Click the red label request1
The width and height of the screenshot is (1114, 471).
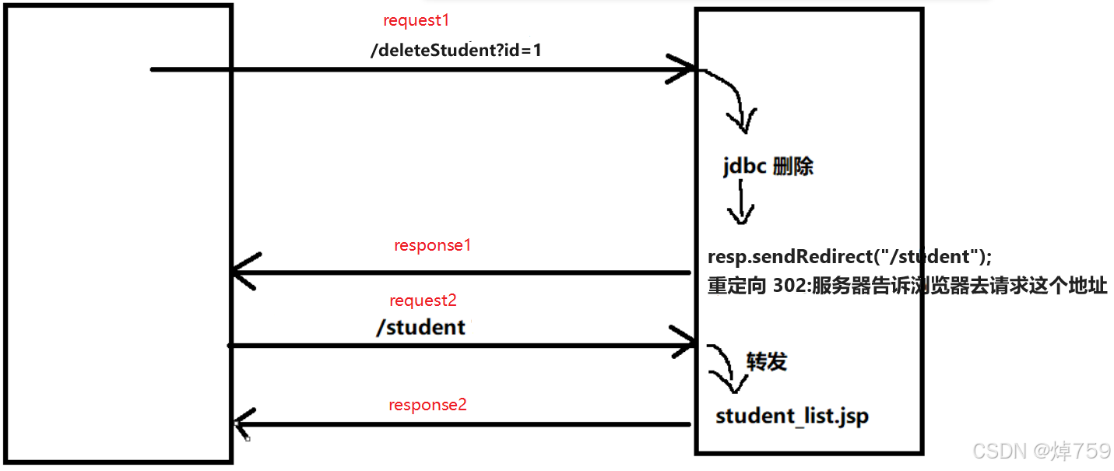pos(416,21)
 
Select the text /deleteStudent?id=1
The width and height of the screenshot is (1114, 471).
pos(455,50)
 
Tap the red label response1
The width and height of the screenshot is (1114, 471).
pos(433,246)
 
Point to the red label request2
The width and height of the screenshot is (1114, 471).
pos(423,301)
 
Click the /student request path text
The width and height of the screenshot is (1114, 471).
pos(420,328)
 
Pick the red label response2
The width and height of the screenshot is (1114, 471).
pos(427,405)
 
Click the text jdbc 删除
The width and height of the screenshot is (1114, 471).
pos(768,167)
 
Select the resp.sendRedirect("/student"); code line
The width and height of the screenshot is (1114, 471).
pos(849,257)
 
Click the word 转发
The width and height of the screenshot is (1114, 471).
pos(767,362)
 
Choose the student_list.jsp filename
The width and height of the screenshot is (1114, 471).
pos(792,416)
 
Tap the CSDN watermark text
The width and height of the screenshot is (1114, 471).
pos(1041,451)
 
